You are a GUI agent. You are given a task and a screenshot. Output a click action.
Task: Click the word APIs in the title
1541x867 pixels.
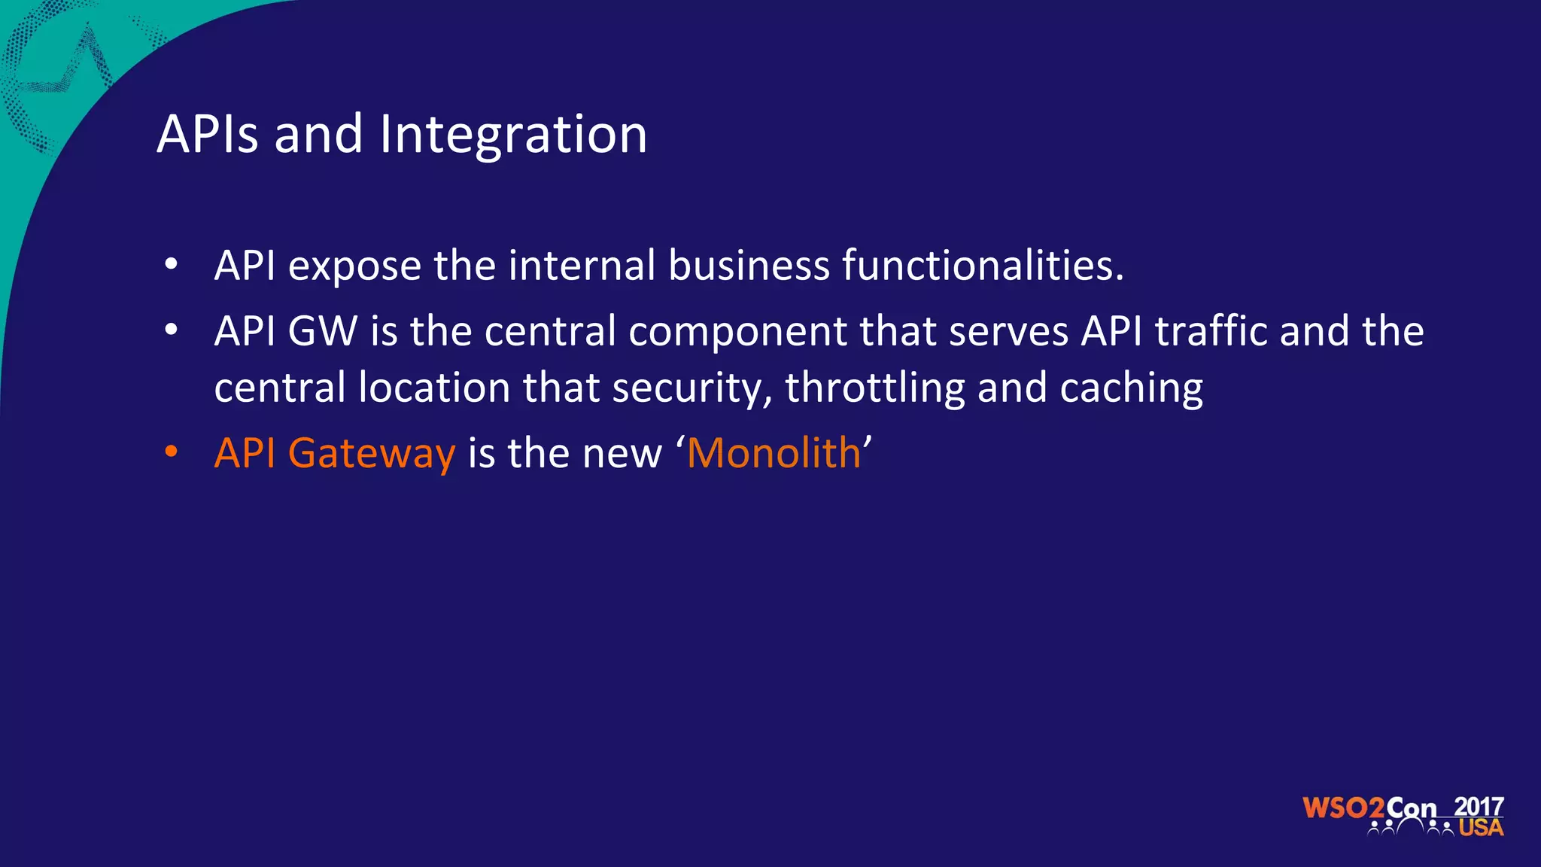pyautogui.click(x=208, y=135)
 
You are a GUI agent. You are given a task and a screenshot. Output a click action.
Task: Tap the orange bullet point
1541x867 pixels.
pyautogui.click(x=172, y=452)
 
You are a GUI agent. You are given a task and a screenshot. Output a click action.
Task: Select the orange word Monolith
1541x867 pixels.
pyautogui.click(x=774, y=453)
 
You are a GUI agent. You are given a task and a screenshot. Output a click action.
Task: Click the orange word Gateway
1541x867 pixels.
pyautogui.click(x=372, y=455)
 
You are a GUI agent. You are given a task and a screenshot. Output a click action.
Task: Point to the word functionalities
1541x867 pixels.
pyautogui.click(x=983, y=266)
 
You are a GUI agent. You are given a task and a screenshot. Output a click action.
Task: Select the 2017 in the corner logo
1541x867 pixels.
pyautogui.click(x=1479, y=806)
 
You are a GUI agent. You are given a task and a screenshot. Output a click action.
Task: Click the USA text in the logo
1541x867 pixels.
pyautogui.click(x=1481, y=828)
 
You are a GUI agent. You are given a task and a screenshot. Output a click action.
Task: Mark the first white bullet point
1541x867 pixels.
pyautogui.click(x=172, y=264)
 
